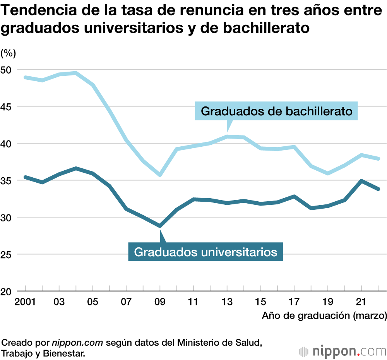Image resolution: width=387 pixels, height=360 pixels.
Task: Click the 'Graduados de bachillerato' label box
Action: pyautogui.click(x=277, y=111)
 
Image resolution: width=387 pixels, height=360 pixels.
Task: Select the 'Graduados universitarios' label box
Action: pyautogui.click(x=205, y=252)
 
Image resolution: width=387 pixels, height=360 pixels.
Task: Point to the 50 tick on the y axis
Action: pyautogui.click(x=8, y=70)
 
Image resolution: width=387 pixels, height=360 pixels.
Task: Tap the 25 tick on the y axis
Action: pyautogui.click(x=8, y=254)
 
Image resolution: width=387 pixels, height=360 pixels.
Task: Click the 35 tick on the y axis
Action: pyautogui.click(x=8, y=180)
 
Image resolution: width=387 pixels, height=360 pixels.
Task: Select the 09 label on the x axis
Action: pyautogui.click(x=160, y=302)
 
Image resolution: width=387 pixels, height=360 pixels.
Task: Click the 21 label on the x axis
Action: pyautogui.click(x=361, y=302)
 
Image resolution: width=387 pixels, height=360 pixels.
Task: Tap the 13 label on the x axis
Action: pyautogui.click(x=227, y=302)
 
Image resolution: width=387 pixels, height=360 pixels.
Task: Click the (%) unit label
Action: pyautogui.click(x=8, y=53)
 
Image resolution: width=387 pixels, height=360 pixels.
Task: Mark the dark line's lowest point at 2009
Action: pyautogui.click(x=160, y=226)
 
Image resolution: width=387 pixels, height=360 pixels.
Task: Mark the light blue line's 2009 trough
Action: pyautogui.click(x=160, y=175)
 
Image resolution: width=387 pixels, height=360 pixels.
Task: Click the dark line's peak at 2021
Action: pyautogui.click(x=361, y=181)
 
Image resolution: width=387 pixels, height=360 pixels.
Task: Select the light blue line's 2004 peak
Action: pyautogui.click(x=76, y=73)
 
